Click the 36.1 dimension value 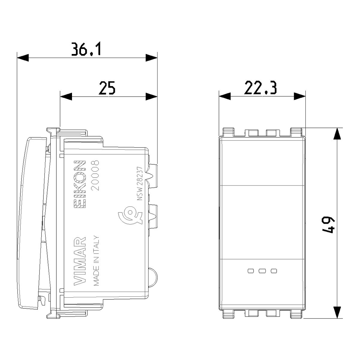point(86,49)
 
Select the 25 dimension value point(107,88)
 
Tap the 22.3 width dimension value point(260,87)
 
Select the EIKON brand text point(80,184)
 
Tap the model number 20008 point(95,175)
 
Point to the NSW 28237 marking point(140,184)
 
